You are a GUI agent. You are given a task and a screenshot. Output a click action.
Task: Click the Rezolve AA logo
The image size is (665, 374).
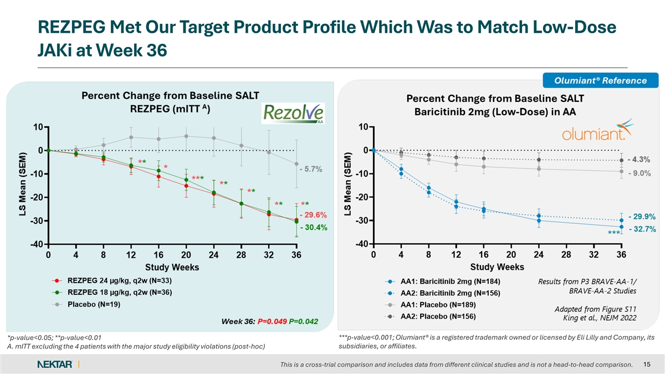(x=293, y=115)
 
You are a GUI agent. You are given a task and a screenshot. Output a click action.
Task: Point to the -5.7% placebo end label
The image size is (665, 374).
(x=311, y=169)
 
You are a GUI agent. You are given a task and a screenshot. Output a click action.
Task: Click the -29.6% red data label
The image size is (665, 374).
(x=313, y=214)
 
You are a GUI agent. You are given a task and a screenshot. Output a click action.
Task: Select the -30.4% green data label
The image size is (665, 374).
(x=313, y=227)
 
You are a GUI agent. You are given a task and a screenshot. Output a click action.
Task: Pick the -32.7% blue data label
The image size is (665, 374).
(x=641, y=228)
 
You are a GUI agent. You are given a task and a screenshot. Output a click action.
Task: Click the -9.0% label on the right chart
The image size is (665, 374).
(x=639, y=173)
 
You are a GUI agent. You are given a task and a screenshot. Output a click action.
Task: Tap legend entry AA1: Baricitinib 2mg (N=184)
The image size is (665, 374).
(x=443, y=281)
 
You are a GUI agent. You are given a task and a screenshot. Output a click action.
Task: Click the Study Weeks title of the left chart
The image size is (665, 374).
(x=172, y=267)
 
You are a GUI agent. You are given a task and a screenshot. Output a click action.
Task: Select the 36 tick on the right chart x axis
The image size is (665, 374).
(x=621, y=255)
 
